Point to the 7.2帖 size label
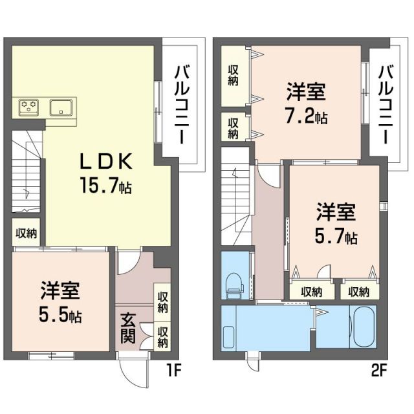click(x=306, y=117)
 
